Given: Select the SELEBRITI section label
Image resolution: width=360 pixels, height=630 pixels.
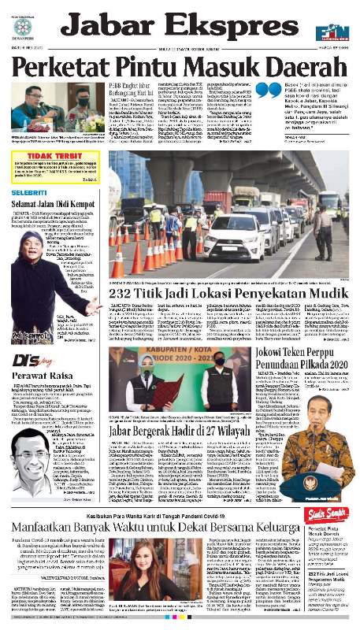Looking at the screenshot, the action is pos(29,193).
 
